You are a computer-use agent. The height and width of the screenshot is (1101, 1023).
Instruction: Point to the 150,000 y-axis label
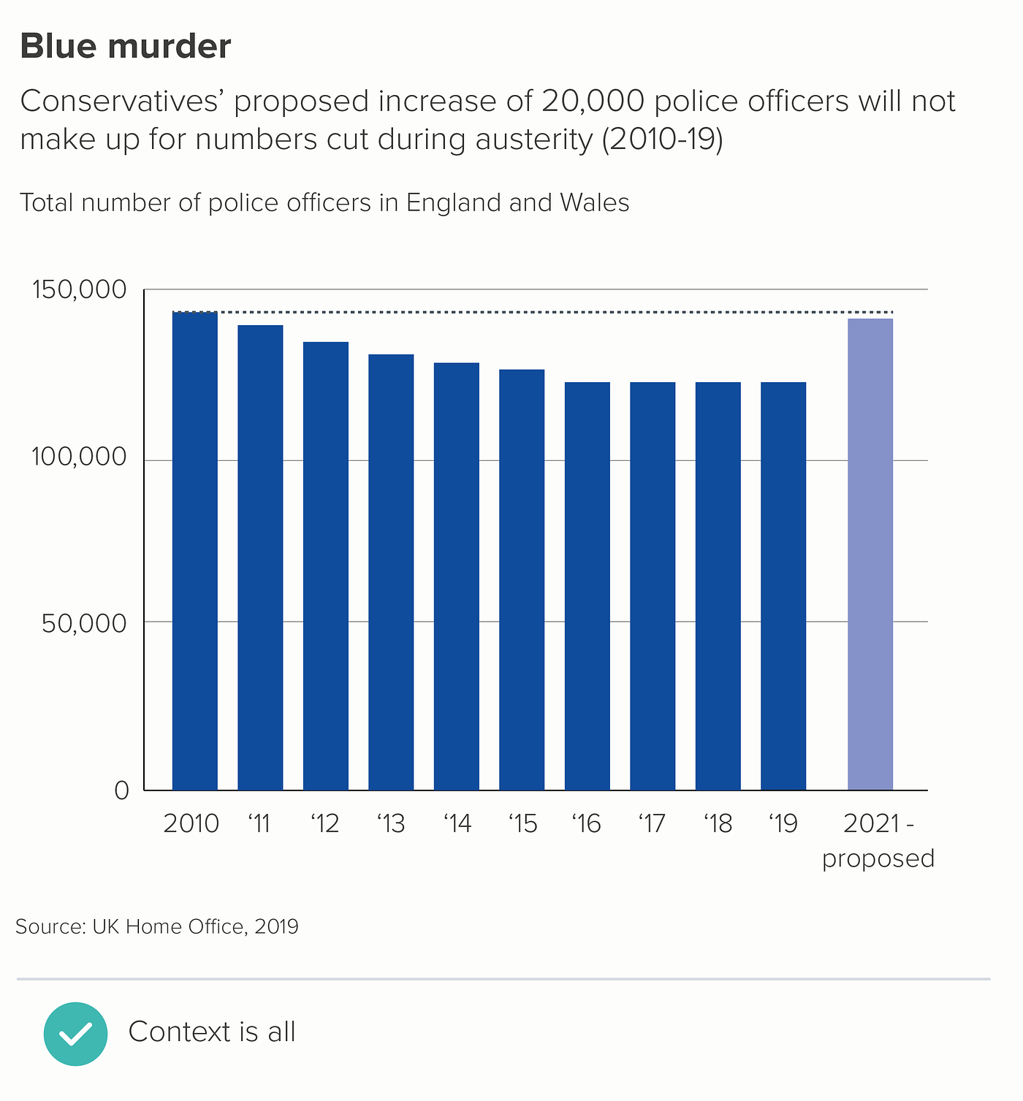80,290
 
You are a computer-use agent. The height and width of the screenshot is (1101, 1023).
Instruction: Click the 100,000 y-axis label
80,457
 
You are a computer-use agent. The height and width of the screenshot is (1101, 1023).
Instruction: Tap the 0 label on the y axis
121,790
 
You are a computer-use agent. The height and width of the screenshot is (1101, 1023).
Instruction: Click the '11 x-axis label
259,824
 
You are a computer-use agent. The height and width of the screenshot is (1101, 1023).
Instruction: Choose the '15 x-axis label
522,824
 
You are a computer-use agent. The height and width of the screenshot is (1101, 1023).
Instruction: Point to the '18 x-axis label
718,824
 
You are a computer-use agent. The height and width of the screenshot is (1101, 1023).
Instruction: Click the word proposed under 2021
878,858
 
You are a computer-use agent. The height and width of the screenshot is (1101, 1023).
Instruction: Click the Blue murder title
126,47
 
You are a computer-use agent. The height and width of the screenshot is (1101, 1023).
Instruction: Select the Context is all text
212,1032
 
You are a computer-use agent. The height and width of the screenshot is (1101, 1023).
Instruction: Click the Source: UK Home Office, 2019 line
157,926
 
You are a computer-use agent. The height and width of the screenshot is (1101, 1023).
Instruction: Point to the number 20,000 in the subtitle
593,102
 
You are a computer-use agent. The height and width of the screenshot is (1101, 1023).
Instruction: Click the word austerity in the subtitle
533,140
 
